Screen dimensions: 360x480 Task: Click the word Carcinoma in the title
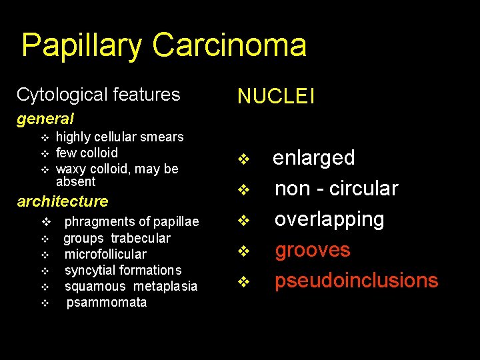[229, 46]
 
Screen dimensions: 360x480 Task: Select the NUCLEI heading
[276, 97]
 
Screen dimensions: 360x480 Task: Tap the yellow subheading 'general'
[45, 119]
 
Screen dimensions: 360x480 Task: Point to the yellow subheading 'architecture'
[63, 201]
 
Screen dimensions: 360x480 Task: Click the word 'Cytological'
[61, 95]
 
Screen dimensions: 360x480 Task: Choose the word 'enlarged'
[314, 158]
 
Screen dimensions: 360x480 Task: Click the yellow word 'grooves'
[313, 250]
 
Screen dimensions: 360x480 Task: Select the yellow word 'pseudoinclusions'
[357, 281]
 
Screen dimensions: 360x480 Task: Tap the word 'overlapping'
[329, 219]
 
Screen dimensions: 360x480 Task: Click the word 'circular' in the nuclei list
[361, 189]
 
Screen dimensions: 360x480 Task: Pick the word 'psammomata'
[107, 303]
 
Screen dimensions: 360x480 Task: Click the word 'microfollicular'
[105, 254]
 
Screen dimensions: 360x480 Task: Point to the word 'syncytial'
[89, 270]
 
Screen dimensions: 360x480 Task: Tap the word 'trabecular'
[141, 238]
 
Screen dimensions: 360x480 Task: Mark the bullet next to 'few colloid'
[45, 153]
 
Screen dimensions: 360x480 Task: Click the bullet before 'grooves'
[243, 251]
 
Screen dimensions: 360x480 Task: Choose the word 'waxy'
[70, 169]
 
